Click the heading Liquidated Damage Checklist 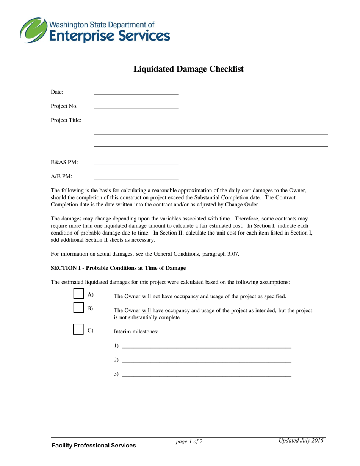click(x=188, y=69)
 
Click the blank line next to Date click(x=136, y=94)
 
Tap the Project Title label click(x=66, y=120)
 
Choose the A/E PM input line click(x=136, y=178)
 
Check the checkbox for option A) click(x=78, y=294)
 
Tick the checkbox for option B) click(x=78, y=307)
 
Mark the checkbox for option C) click(x=78, y=329)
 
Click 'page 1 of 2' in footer click(x=189, y=441)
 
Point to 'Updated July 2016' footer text click(x=301, y=440)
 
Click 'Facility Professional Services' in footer click(x=94, y=446)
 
